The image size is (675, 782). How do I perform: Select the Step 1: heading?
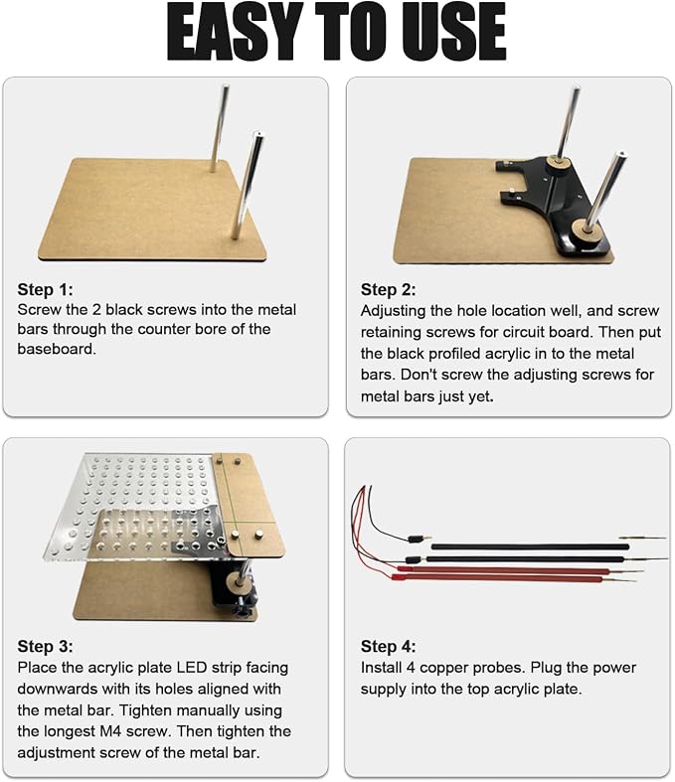coord(45,289)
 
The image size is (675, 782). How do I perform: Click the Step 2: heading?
coord(388,289)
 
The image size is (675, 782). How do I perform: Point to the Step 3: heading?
coord(45,646)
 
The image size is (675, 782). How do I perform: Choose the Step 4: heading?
coord(388,646)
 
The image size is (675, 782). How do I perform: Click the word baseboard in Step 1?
coord(57,349)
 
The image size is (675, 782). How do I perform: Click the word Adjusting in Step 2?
coord(393,311)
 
